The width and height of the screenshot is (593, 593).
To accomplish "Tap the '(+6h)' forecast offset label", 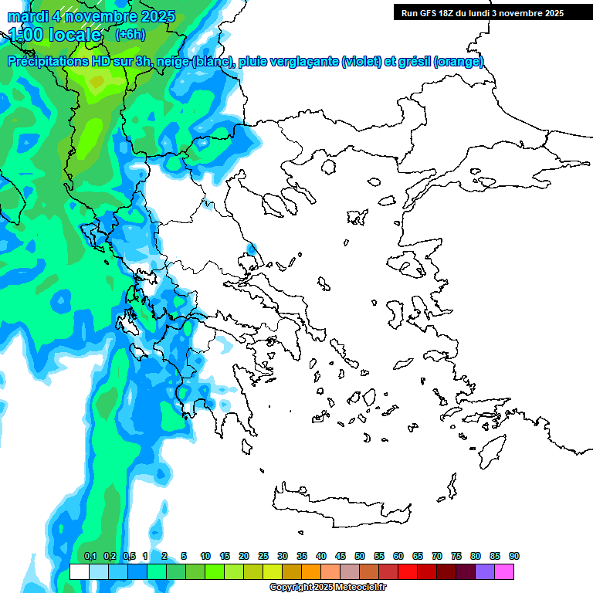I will [129, 34].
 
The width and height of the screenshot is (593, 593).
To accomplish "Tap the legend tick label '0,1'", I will [90, 557].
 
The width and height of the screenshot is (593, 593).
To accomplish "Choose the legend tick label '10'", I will [205, 557].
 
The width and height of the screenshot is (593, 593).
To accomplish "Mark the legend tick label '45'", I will [341, 557].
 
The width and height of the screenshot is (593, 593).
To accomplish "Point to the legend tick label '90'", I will [514, 557].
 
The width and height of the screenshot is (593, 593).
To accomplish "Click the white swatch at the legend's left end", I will [80, 571].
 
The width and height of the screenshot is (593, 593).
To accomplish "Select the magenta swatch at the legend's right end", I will [504, 571].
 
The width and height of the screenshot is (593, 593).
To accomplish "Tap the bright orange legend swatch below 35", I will [311, 571].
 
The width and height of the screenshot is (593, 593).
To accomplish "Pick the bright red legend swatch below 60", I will [408, 571].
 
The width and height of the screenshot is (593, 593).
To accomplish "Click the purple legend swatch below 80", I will [485, 571].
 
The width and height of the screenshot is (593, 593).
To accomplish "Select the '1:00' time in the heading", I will [27, 35].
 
